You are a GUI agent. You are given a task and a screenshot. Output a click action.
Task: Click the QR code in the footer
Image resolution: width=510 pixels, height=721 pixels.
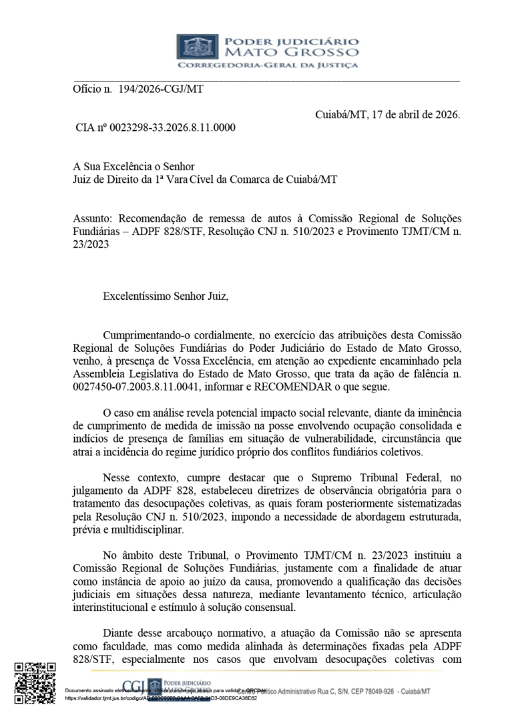(x=35, y=683)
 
